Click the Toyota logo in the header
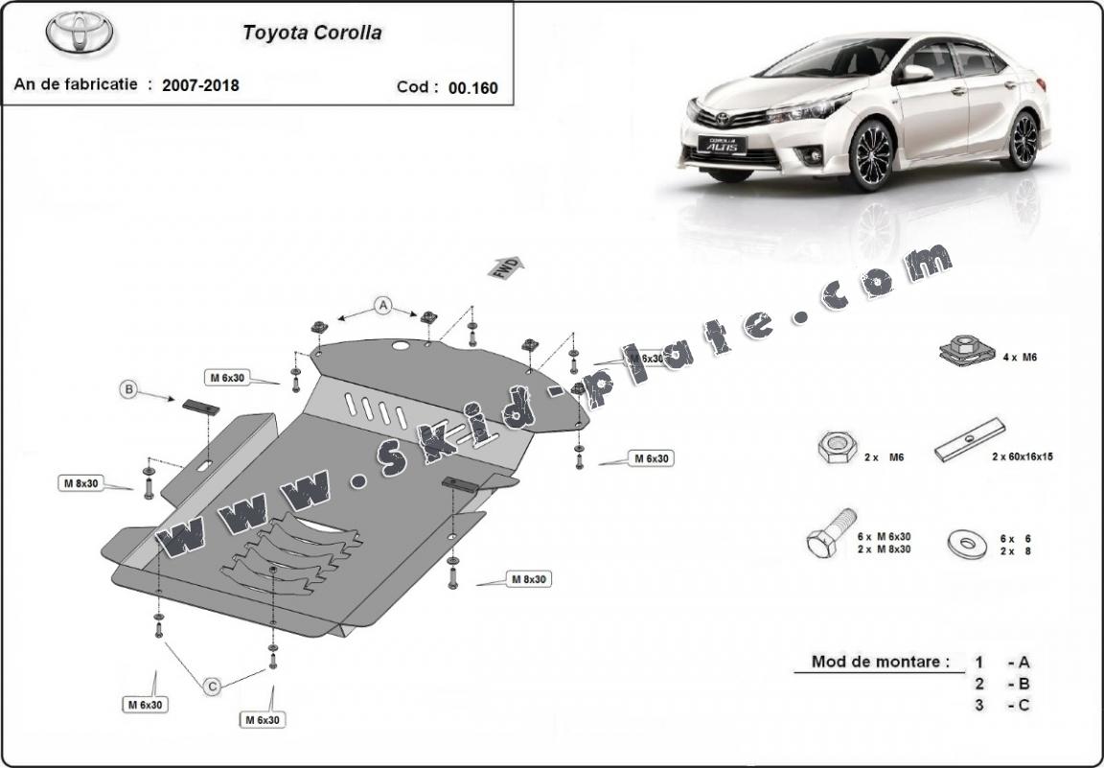(x=79, y=32)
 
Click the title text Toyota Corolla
(x=311, y=33)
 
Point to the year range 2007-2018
(x=200, y=85)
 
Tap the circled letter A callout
(x=383, y=306)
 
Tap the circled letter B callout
(x=128, y=389)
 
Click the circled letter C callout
(x=213, y=685)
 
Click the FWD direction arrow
(x=505, y=268)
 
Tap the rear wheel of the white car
(x=1023, y=139)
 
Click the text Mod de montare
(x=880, y=662)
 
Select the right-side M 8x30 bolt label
(x=528, y=579)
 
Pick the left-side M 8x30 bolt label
(x=81, y=483)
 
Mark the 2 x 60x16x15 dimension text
(x=1023, y=457)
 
